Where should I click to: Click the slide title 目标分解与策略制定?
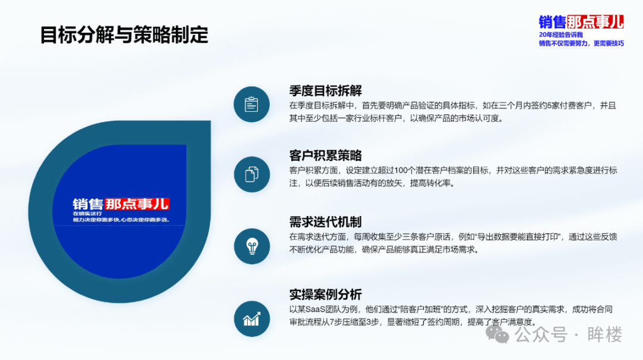point(124,35)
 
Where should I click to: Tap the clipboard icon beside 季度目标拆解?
point(251,105)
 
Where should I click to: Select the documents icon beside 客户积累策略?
point(252,174)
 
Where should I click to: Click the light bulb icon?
point(252,246)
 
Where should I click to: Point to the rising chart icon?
point(252,318)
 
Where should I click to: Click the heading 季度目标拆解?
point(326,90)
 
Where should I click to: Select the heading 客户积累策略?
point(326,155)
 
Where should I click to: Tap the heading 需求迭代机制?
point(326,222)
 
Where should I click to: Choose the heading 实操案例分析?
point(326,295)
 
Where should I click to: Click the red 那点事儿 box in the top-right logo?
point(595,22)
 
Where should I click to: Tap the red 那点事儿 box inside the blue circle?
point(137,204)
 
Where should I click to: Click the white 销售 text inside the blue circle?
point(88,204)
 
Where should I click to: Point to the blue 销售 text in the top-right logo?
point(553,22)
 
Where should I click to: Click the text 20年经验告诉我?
point(561,35)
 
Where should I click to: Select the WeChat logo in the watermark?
point(497,334)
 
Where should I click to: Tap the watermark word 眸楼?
point(605,334)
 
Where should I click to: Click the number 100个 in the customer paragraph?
point(405,171)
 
